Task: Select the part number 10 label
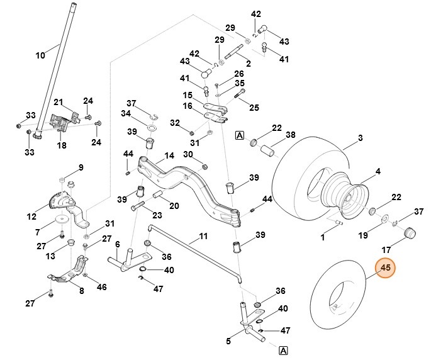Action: pyautogui.click(x=40, y=55)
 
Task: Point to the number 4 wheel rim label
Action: pyautogui.click(x=378, y=171)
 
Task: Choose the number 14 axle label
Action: pyautogui.click(x=169, y=157)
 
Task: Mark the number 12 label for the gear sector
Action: pyautogui.click(x=31, y=217)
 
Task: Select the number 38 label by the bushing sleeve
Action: pyautogui.click(x=290, y=135)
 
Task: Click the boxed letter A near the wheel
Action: pyautogui.click(x=239, y=134)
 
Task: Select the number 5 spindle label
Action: pyautogui.click(x=228, y=342)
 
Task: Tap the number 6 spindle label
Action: pyautogui.click(x=117, y=244)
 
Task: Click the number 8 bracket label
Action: pyautogui.click(x=81, y=291)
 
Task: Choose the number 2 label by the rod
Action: pyautogui.click(x=248, y=64)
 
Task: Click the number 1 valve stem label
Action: pyautogui.click(x=323, y=237)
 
